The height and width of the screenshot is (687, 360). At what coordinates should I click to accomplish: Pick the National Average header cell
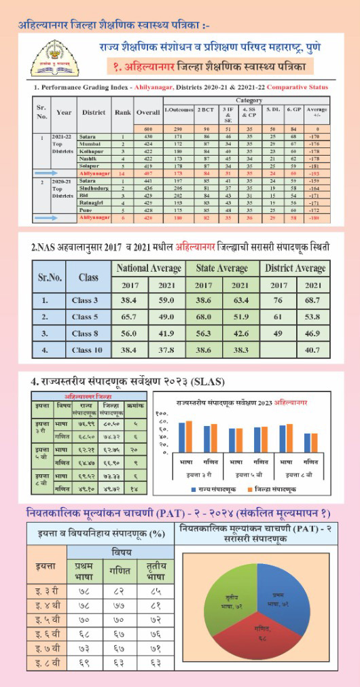point(148,268)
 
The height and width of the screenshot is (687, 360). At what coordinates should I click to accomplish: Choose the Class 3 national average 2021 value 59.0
point(166,300)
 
